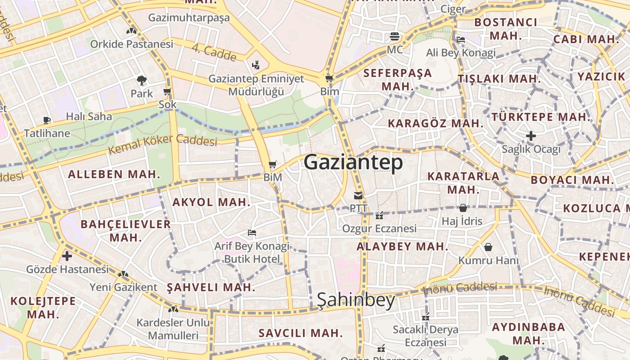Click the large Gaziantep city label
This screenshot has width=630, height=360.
click(353, 162)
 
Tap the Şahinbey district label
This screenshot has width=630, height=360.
click(356, 300)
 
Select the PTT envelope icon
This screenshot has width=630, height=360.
click(358, 196)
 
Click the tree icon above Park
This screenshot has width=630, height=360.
click(142, 81)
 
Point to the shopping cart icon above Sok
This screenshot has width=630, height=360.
click(167, 92)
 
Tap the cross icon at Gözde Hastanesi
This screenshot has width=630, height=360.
click(67, 256)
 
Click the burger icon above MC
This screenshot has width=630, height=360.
click(395, 36)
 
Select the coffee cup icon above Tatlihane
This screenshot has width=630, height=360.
click(47, 120)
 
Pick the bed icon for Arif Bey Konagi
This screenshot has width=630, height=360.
click(252, 233)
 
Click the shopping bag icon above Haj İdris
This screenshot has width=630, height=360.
click(463, 208)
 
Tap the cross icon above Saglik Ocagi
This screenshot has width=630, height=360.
click(531, 135)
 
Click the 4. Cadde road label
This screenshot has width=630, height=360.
click(214, 53)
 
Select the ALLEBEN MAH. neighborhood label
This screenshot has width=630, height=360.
click(114, 174)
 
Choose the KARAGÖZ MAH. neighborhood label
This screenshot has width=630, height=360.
click(436, 123)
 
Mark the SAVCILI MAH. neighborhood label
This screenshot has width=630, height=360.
click(301, 333)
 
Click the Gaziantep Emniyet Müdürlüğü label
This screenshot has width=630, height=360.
click(256, 85)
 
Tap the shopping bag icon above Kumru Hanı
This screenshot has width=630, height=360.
click(488, 247)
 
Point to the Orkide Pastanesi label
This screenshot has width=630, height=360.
click(131, 44)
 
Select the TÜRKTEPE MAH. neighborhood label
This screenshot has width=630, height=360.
click(540, 117)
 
